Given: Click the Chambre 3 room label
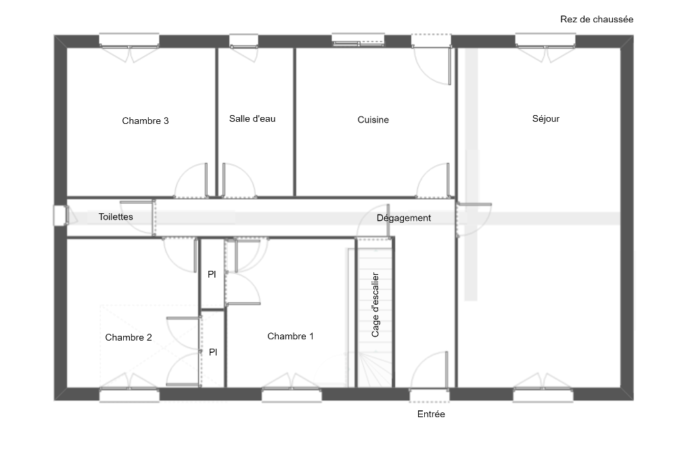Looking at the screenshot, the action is [x=145, y=121].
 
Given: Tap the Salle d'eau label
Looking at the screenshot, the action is [x=252, y=118].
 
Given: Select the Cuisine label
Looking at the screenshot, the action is [x=373, y=120].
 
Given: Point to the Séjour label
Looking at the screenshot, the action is [x=545, y=118].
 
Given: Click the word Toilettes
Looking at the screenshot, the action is [x=116, y=217].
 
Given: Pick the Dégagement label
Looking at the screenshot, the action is [x=404, y=218].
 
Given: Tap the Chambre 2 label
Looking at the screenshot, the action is [x=129, y=338].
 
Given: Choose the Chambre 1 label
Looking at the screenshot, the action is [x=290, y=337].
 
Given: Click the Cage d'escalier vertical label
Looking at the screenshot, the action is [x=375, y=305].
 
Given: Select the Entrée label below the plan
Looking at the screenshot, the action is [x=431, y=414].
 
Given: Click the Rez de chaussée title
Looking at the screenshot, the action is [x=597, y=19].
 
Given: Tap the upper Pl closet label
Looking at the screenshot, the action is [x=212, y=275].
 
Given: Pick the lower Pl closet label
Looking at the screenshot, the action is [x=213, y=353].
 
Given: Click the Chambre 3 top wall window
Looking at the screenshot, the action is [x=129, y=41].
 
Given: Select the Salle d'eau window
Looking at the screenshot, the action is [x=244, y=41].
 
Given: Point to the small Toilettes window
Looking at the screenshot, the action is [x=60, y=216].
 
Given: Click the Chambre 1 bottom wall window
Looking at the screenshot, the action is [x=292, y=395].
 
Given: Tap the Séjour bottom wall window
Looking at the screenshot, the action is [x=543, y=395].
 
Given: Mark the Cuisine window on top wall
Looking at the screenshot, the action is [x=359, y=40].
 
